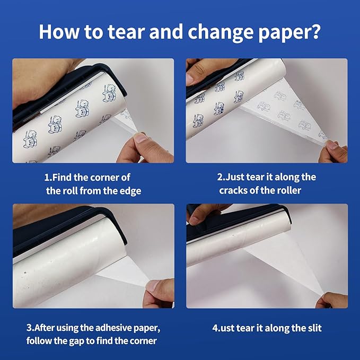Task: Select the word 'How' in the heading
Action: coord(59,32)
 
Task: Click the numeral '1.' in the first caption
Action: coord(48,178)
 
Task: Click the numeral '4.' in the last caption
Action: coord(216,328)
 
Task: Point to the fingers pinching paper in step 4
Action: coord(332,300)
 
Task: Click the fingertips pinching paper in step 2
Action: coord(333,151)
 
